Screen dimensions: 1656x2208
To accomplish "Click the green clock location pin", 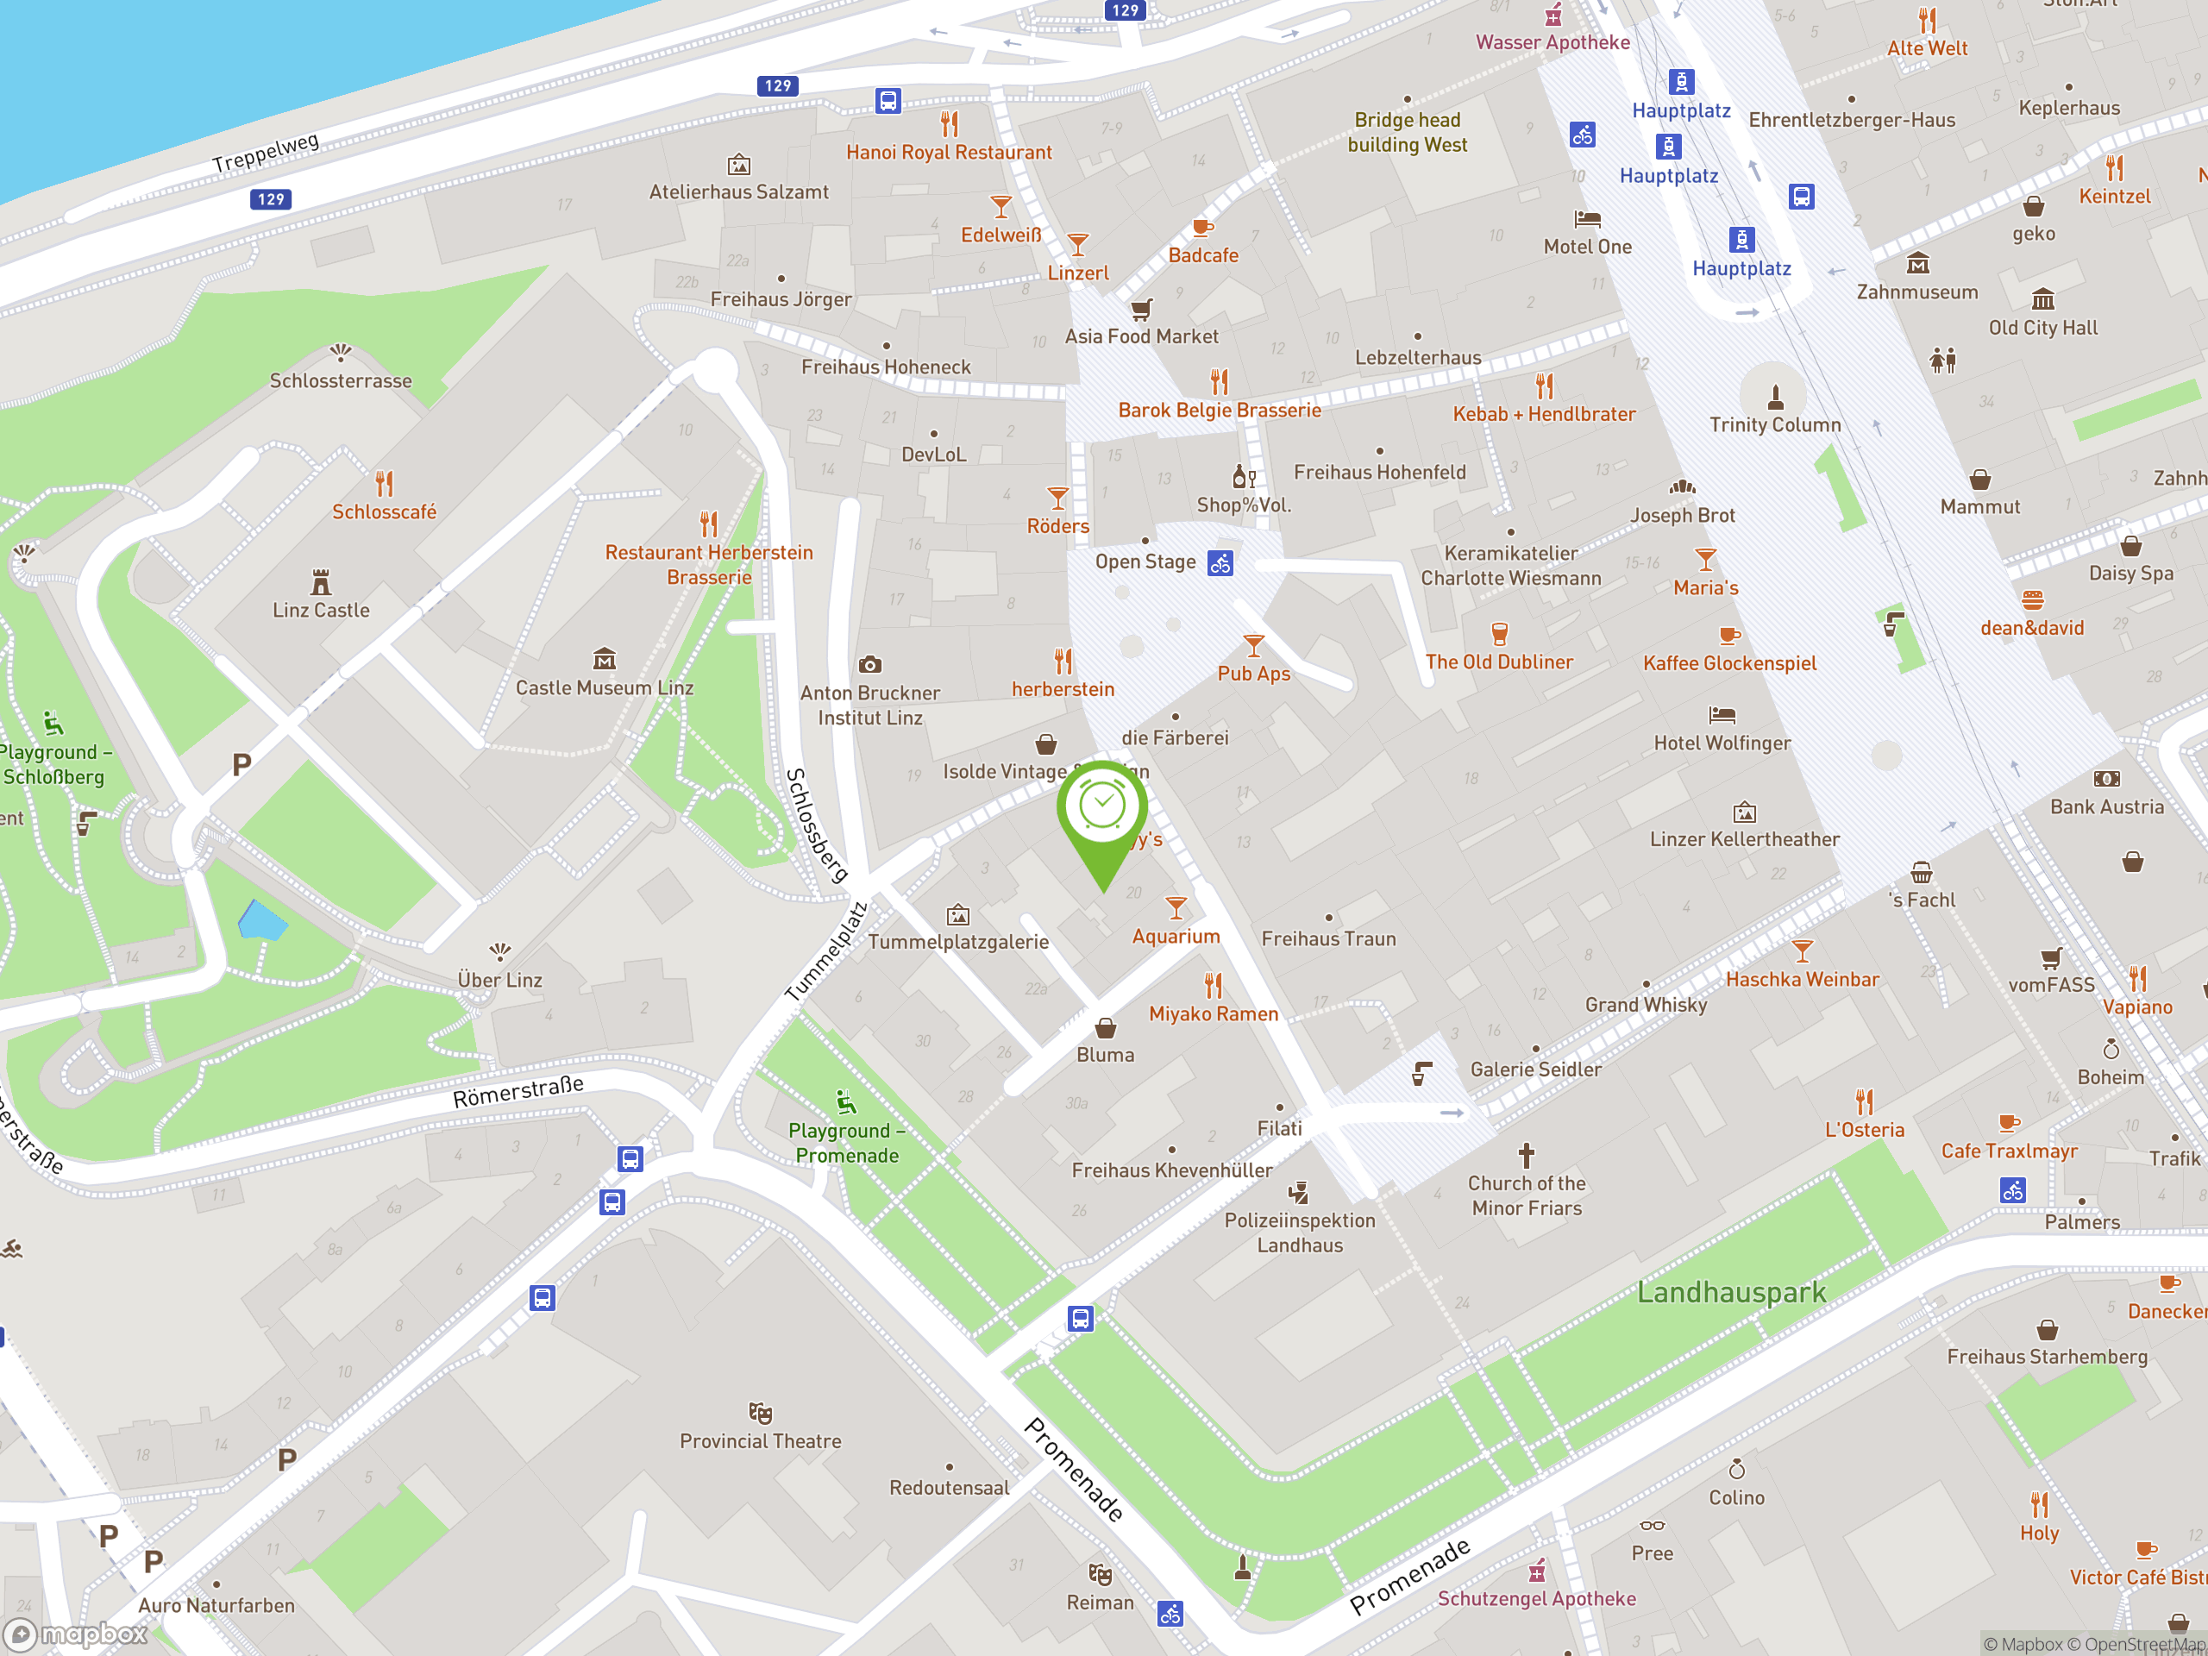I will pyautogui.click(x=1102, y=808).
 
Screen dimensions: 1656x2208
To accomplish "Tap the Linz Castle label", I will pyautogui.click(x=321, y=610).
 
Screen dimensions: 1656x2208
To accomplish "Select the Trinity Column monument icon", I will pyautogui.click(x=1775, y=398).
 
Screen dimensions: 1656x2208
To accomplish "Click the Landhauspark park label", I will pyautogui.click(x=1731, y=1293).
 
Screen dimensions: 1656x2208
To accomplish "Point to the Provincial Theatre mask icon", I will pyautogui.click(x=761, y=1413).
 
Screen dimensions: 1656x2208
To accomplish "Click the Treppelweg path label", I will pyautogui.click(x=266, y=152).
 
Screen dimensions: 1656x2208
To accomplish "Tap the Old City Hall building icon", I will pyautogui.click(x=2042, y=299).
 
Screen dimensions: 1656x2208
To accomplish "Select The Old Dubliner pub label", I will pyautogui.click(x=1498, y=662).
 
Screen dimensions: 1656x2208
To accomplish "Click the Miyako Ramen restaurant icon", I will pyautogui.click(x=1213, y=986).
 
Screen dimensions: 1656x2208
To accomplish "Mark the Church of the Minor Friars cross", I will pyautogui.click(x=1527, y=1156).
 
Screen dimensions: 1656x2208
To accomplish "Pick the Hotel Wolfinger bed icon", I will pyautogui.click(x=1722, y=715).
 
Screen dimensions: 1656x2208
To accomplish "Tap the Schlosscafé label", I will pyautogui.click(x=385, y=512).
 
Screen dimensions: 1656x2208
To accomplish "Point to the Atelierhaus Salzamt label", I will pyautogui.click(x=738, y=191).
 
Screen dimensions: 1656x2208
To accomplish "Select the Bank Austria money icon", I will pyautogui.click(x=2106, y=779).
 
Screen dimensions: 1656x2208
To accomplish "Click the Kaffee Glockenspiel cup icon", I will pyautogui.click(x=1728, y=635).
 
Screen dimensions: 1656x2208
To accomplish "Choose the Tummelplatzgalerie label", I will pyautogui.click(x=958, y=941).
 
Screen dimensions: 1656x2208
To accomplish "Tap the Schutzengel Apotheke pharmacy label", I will pyautogui.click(x=1536, y=1598).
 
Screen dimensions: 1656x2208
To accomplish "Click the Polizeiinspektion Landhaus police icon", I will pyautogui.click(x=1299, y=1192).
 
